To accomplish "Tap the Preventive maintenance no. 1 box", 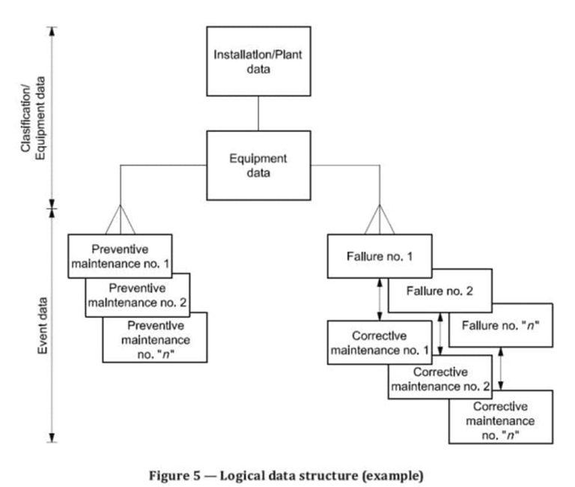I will click(x=120, y=255).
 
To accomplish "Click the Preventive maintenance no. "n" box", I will click(x=154, y=337).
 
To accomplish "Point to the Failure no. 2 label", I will click(x=440, y=291).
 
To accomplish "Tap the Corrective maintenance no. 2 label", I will click(x=439, y=380).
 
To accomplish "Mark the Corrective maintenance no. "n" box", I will click(x=499, y=416).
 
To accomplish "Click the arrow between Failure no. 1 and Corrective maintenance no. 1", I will click(x=380, y=299).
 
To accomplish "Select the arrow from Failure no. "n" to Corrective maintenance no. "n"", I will click(x=500, y=369).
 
